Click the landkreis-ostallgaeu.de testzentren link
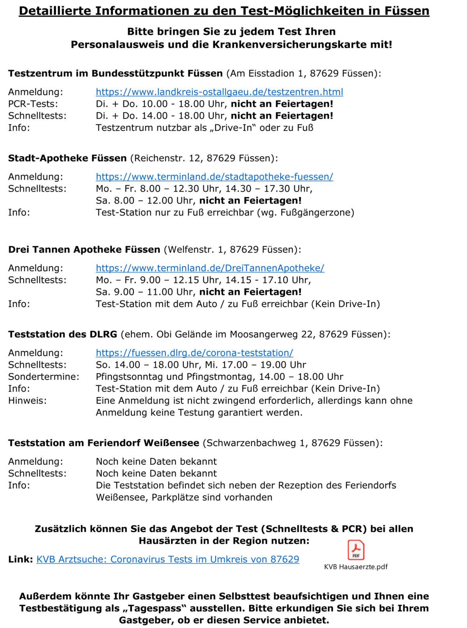[219, 92]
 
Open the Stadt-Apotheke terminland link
[214, 176]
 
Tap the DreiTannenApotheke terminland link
[210, 268]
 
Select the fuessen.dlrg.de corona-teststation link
[194, 353]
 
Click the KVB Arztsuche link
[168, 559]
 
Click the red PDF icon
[356, 550]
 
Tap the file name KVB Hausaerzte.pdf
[356, 567]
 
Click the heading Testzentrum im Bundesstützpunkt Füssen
[115, 73]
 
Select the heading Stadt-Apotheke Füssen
[67, 158]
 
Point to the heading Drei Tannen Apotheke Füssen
[84, 249]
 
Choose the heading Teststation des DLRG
[63, 334]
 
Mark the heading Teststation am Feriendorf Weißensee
[104, 443]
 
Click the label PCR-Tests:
[33, 104]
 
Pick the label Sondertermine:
[44, 377]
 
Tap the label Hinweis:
[27, 400]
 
